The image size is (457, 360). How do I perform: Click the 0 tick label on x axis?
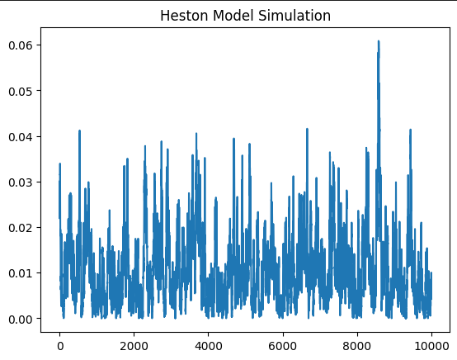tap(59, 339)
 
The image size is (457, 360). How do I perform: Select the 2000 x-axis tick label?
tap(134, 339)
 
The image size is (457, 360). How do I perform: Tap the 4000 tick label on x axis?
tap(208, 339)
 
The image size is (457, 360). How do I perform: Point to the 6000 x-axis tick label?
tap(283, 339)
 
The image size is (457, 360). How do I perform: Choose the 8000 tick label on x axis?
tap(357, 339)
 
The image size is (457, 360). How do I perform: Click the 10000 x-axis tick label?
tap(431, 339)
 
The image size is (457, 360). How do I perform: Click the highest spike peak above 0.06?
tap(379, 41)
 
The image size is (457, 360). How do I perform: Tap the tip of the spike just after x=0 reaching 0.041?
tap(79, 130)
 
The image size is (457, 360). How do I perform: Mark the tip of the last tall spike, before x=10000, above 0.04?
tap(410, 129)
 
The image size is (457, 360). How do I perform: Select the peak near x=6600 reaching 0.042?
tap(307, 129)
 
